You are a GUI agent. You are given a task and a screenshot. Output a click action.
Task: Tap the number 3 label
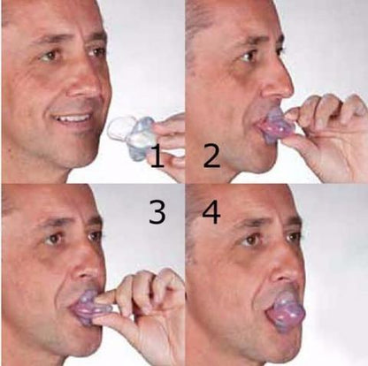(157, 213)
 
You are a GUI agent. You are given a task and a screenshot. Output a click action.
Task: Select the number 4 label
(211, 213)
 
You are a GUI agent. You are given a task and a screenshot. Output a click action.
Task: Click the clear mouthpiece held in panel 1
(131, 133)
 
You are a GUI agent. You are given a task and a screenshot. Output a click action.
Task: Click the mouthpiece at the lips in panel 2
(278, 126)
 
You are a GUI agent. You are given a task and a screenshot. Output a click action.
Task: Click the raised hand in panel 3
(146, 305)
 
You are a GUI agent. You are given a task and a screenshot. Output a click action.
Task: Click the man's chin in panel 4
(265, 349)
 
